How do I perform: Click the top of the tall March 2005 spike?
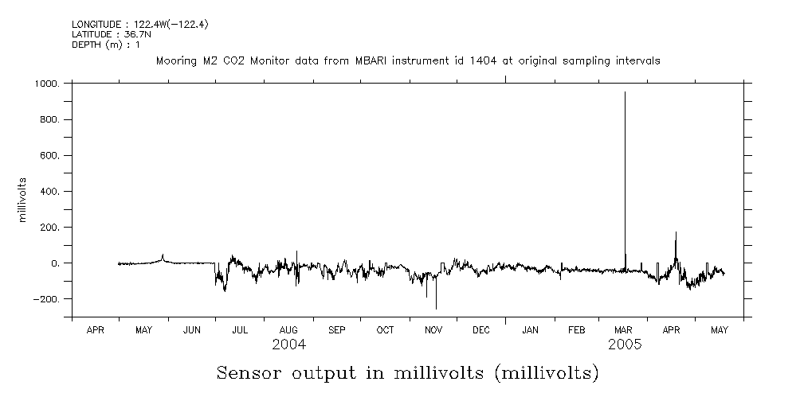point(625,92)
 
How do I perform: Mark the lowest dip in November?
point(436,309)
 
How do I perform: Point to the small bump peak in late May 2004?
point(163,255)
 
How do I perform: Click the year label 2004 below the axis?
point(288,345)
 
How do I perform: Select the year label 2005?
point(626,345)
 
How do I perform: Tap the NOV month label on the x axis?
point(433,329)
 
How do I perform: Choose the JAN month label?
point(530,329)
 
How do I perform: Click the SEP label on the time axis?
point(337,329)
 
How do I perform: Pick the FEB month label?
point(577,329)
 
